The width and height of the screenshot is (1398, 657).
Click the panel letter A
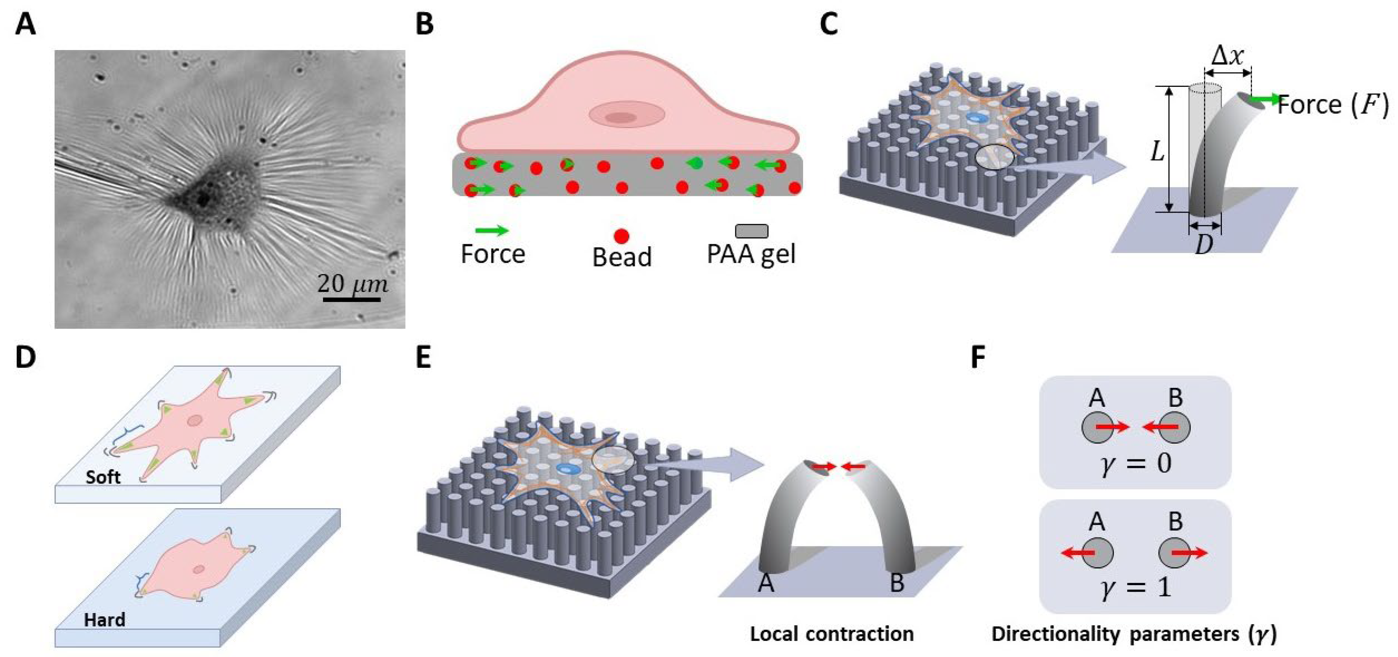click(x=25, y=24)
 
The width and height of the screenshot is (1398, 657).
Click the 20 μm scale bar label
click(x=352, y=284)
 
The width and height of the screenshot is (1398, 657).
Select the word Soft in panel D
click(x=103, y=477)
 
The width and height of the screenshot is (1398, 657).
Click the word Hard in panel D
click(x=105, y=619)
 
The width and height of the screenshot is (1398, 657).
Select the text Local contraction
click(x=831, y=634)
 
